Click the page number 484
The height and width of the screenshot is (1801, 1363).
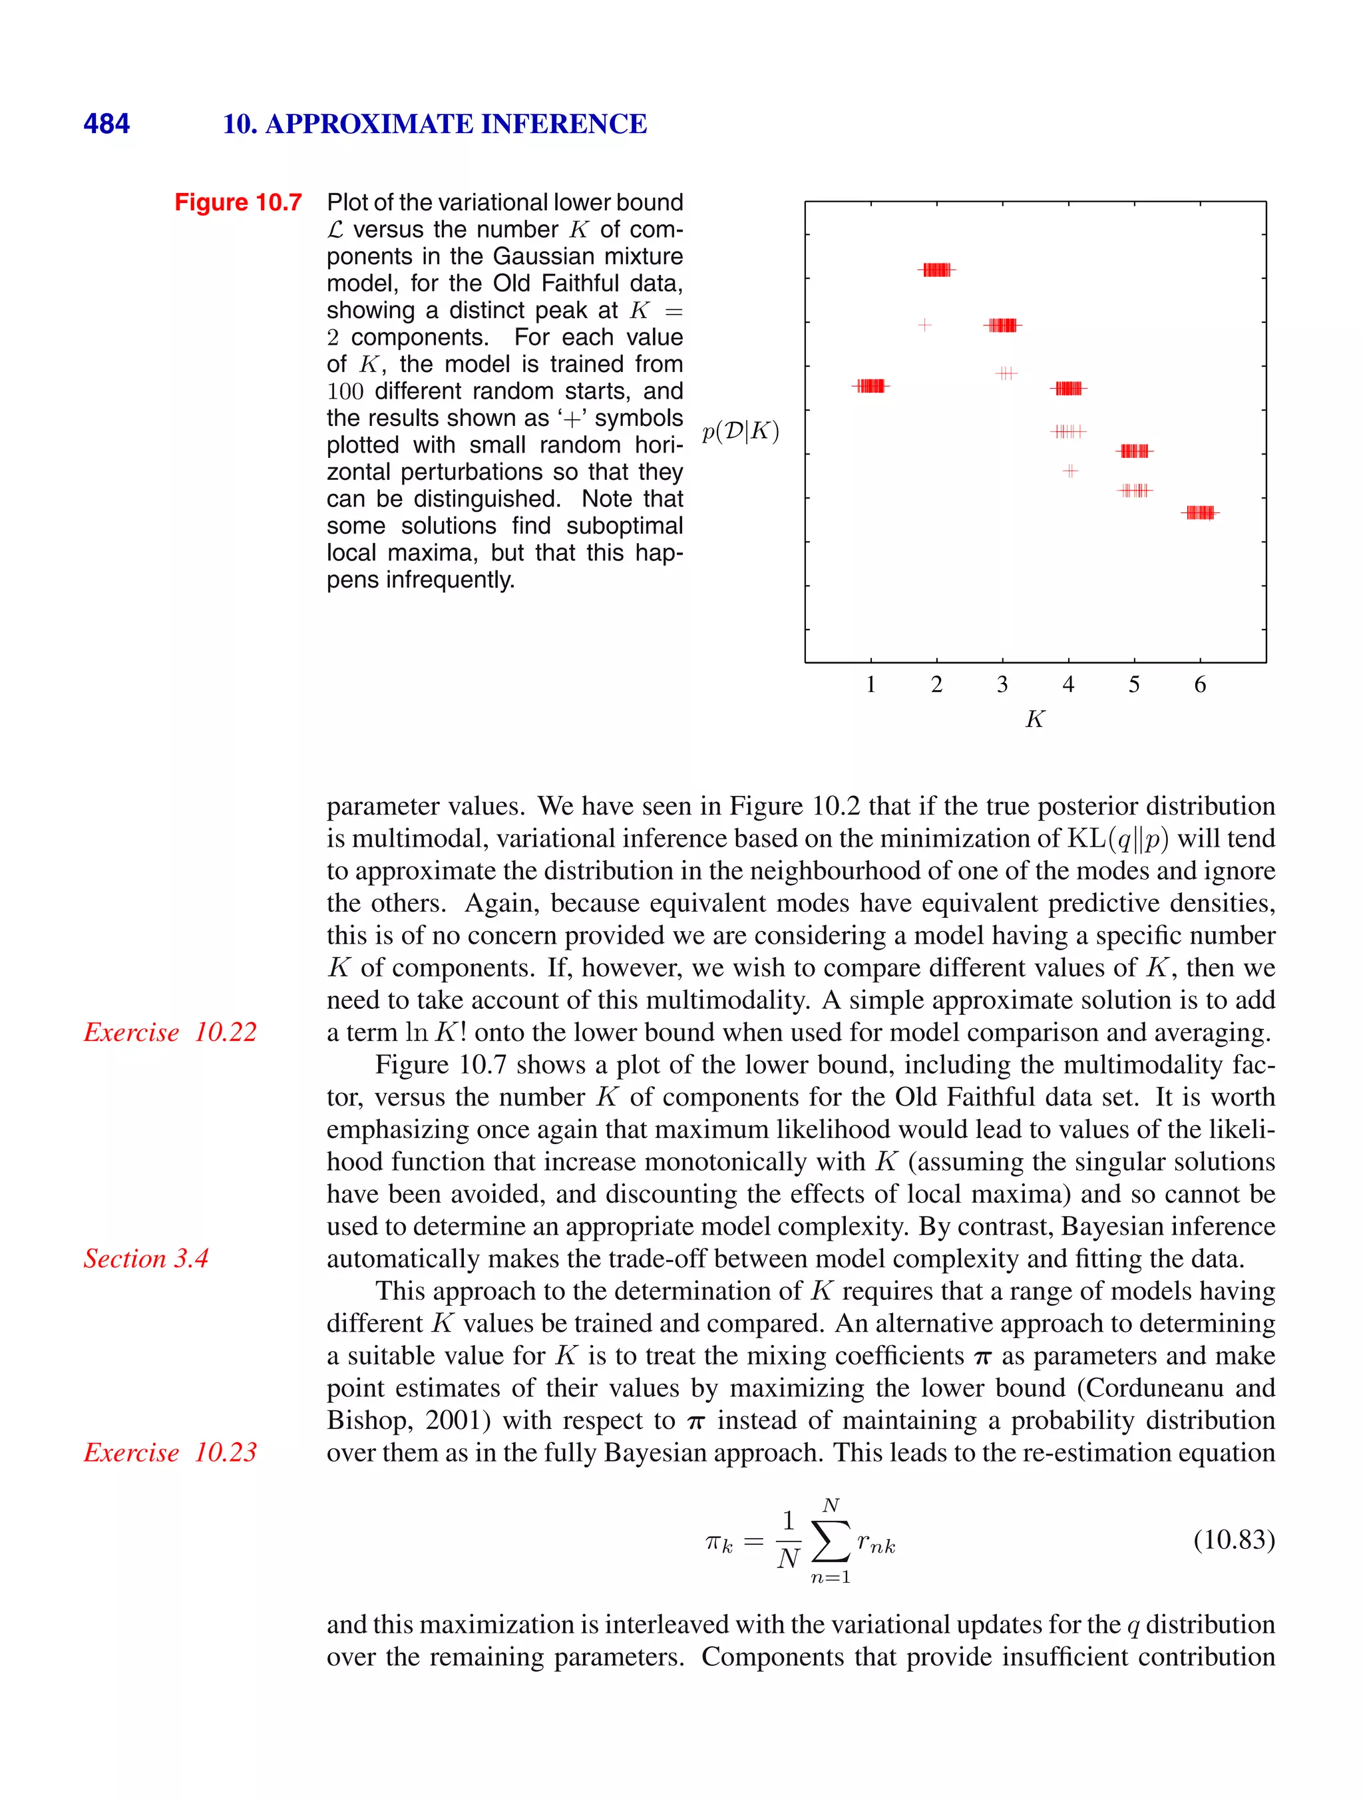coord(106,124)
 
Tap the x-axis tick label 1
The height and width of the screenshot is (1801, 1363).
coord(871,685)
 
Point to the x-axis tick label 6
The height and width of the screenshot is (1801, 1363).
coord(1199,685)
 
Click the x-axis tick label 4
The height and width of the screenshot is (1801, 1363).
coord(1068,685)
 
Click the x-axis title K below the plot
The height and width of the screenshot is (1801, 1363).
coord(1034,719)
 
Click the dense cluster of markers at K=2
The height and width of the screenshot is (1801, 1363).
coord(937,270)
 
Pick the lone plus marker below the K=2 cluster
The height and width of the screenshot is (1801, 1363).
coord(924,325)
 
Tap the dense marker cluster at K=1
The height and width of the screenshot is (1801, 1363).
coord(871,386)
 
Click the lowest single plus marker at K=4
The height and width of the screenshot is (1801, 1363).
coord(1071,471)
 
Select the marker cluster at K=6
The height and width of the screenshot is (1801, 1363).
coord(1200,512)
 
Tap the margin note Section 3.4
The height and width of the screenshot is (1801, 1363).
coord(146,1259)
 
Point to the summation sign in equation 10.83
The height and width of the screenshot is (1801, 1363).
coord(831,1541)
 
